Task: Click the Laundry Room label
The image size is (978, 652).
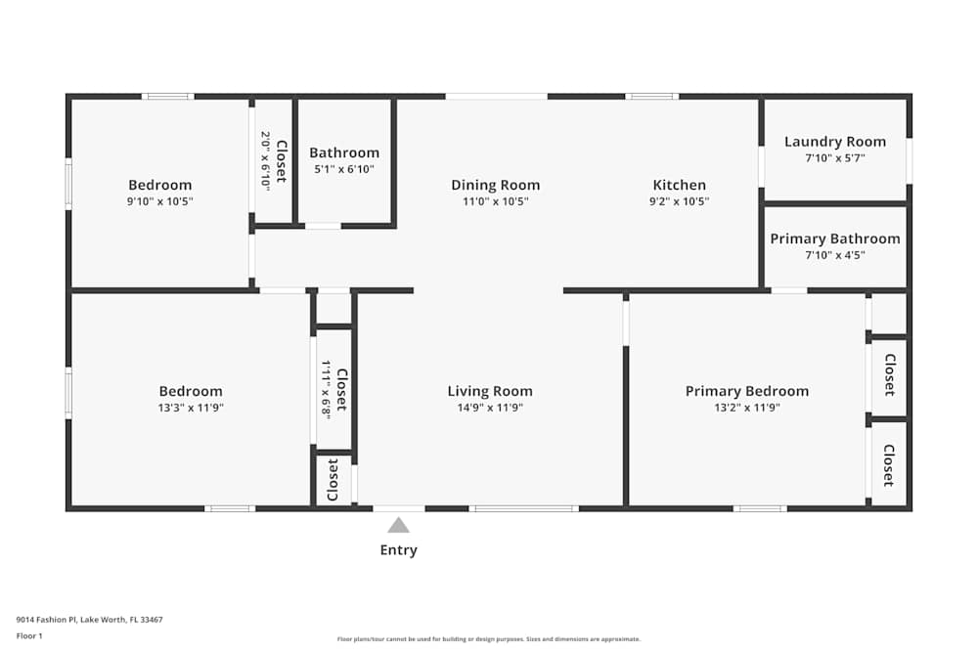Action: point(834,142)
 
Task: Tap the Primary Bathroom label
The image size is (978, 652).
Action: point(834,239)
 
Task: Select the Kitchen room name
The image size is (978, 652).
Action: point(679,185)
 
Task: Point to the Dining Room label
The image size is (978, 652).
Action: point(495,185)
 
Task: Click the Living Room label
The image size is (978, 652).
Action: point(490,391)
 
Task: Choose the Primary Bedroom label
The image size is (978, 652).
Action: point(746,391)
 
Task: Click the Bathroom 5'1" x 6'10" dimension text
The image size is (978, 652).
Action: point(344,169)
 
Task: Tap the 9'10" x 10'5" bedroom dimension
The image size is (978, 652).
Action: point(160,201)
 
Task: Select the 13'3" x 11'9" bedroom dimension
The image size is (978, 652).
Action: point(191,408)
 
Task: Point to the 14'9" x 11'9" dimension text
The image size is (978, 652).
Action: point(490,408)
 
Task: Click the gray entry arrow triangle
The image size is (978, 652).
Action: point(398,525)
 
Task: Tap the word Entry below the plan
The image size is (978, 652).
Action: point(398,550)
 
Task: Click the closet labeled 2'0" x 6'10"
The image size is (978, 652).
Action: point(273,160)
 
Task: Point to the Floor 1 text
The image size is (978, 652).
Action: point(29,635)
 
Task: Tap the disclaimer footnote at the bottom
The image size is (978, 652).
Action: point(489,639)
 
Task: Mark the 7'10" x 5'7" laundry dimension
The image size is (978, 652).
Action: point(834,157)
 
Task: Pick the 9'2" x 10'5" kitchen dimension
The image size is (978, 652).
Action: point(679,201)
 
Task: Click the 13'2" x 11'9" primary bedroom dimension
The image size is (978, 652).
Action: point(746,408)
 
